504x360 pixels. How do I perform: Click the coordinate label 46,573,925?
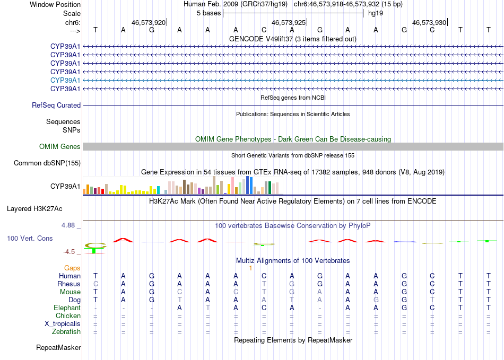click(x=289, y=22)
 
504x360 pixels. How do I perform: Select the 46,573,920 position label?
click(x=149, y=22)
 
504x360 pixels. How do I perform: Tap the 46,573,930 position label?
click(x=429, y=22)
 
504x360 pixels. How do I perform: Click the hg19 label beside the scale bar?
click(x=376, y=13)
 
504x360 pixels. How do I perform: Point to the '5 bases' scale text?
click(x=208, y=13)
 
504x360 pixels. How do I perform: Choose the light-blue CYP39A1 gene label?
click(x=65, y=80)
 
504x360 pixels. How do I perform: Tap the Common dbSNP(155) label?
click(x=47, y=163)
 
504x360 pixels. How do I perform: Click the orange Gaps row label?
click(x=72, y=268)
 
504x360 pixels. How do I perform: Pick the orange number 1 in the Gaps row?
click(x=250, y=268)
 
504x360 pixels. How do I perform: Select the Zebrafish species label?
click(x=67, y=332)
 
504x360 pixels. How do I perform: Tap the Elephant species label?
click(x=67, y=308)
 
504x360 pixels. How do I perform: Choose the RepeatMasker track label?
click(x=58, y=348)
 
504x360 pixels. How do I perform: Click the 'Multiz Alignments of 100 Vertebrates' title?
click(x=293, y=261)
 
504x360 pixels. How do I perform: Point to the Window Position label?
click(x=55, y=4)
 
